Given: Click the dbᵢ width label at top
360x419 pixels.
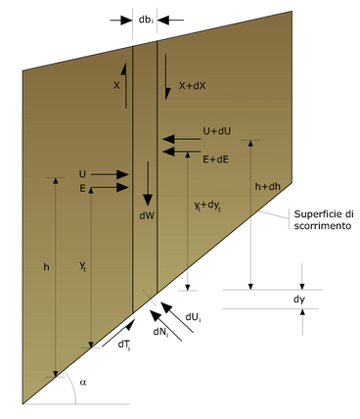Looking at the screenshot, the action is [x=146, y=20].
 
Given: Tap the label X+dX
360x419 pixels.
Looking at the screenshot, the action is [x=193, y=86].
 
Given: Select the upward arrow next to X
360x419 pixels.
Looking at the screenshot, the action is [x=125, y=85].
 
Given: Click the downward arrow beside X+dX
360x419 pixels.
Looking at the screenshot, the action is [x=166, y=77].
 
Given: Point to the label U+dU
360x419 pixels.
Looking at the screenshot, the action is [x=217, y=131].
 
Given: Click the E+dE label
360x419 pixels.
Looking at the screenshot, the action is [x=215, y=160].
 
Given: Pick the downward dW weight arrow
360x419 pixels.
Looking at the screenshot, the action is [x=148, y=184].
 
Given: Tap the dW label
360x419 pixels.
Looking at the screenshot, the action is [x=147, y=215].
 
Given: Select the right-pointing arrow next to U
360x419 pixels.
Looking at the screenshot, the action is [x=110, y=175].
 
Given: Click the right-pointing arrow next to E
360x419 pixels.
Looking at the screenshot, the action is [x=110, y=188].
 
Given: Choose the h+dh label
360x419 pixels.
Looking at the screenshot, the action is [x=267, y=187].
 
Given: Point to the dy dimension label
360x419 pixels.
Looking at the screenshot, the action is [x=299, y=300].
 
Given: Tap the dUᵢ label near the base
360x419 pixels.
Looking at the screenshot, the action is [x=193, y=317].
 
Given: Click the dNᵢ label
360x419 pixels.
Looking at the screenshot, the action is [x=160, y=332].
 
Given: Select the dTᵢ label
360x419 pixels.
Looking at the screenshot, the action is [x=124, y=346].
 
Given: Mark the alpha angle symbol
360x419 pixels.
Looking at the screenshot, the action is [x=83, y=382].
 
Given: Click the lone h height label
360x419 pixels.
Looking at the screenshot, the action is [x=47, y=267].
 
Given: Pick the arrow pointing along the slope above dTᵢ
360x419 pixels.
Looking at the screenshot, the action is [x=118, y=333].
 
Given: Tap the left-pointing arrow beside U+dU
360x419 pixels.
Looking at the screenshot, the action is [x=182, y=139].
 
